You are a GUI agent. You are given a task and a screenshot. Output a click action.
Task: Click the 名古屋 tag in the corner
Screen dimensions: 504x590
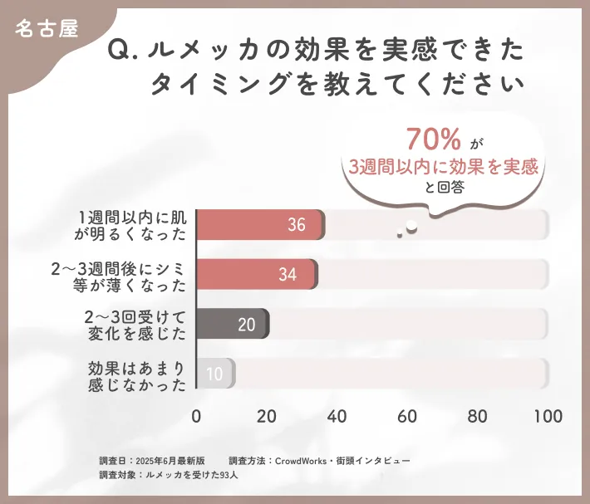[x=47, y=27]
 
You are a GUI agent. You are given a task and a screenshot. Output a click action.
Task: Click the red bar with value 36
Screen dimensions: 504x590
[x=260, y=225]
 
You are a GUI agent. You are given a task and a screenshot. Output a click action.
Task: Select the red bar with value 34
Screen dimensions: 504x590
[x=257, y=274]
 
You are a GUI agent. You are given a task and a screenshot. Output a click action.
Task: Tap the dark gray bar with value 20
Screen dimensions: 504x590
[x=233, y=324]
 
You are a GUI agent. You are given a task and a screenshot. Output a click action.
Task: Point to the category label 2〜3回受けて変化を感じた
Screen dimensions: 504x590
[x=137, y=324]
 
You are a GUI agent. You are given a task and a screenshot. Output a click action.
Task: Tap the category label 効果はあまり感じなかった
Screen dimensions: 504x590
[x=137, y=374]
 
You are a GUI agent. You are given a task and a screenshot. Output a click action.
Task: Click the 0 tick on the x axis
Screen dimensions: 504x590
[x=197, y=416]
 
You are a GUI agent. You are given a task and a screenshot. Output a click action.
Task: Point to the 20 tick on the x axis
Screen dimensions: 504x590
[x=267, y=416]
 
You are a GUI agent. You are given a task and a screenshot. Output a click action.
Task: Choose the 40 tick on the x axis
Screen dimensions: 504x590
[x=337, y=416]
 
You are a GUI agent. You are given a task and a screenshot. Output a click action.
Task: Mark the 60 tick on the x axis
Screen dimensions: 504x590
[x=407, y=416]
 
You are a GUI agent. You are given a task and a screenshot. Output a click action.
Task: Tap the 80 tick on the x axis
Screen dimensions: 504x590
[x=477, y=416]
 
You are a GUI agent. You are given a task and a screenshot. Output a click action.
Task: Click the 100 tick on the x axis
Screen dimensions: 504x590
[x=547, y=416]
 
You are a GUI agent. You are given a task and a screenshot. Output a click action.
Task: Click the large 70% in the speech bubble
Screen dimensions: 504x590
[x=434, y=139]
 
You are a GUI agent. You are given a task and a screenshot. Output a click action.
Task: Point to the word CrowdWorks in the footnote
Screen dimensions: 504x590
[x=304, y=459]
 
